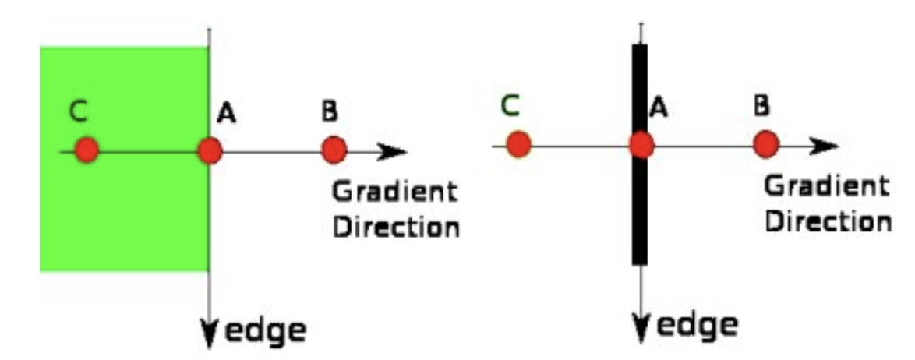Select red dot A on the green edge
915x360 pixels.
[x=210, y=150]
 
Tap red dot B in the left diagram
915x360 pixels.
[x=334, y=148]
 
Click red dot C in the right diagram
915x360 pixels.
[x=518, y=144]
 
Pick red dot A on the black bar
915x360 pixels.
[x=641, y=145]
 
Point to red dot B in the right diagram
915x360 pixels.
[x=766, y=143]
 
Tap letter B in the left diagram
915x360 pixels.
[x=330, y=111]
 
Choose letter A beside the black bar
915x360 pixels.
[x=658, y=108]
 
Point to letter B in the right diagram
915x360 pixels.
[x=762, y=107]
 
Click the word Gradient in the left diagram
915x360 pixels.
[x=394, y=193]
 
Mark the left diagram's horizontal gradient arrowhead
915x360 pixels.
[x=393, y=151]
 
